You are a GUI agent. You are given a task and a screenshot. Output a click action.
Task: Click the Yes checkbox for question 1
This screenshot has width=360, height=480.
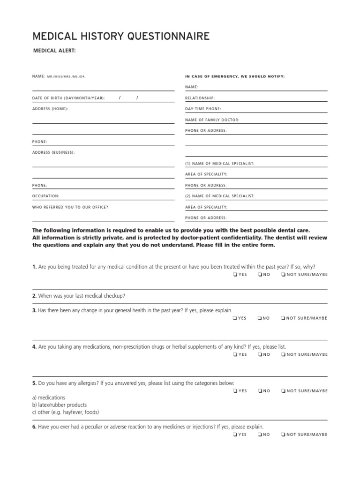234,275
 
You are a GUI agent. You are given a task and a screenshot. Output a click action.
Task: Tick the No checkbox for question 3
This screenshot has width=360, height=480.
259,318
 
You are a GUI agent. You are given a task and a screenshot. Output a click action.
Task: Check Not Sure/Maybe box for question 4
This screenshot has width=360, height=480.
283,355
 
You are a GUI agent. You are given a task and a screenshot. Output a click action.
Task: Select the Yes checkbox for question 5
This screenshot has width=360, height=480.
234,391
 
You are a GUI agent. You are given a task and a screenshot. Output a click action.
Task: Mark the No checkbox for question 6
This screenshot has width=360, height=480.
259,435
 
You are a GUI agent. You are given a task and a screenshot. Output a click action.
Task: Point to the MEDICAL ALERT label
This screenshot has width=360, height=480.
54,51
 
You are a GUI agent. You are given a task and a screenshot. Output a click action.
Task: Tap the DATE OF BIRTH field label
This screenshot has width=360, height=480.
68,98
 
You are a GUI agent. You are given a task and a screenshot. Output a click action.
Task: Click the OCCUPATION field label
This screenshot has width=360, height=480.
45,196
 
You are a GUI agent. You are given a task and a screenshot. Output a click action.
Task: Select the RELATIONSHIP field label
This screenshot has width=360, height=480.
200,98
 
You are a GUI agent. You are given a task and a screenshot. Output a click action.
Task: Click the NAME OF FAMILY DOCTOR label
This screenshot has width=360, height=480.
212,120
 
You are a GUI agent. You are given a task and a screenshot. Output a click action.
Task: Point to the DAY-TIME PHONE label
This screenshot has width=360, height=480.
203,109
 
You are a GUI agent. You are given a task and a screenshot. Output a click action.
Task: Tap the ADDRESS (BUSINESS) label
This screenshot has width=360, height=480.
53,152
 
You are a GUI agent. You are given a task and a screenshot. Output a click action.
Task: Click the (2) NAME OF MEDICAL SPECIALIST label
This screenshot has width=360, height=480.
220,196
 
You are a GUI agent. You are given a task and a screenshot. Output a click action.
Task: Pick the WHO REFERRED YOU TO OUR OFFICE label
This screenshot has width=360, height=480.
70,207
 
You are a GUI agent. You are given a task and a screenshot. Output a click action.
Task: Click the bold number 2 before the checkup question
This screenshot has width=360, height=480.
34,296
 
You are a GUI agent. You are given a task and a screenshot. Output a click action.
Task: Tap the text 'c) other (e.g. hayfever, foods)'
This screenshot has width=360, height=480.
66,412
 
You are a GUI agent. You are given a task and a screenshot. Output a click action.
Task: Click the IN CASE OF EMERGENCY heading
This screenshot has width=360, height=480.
235,76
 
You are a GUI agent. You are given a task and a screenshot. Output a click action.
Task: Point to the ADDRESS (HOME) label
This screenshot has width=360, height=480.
50,109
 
